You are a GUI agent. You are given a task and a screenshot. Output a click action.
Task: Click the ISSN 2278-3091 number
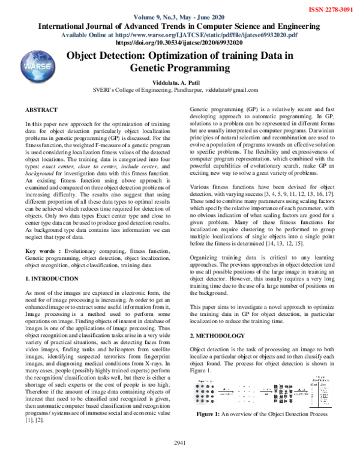(x=331, y=10)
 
